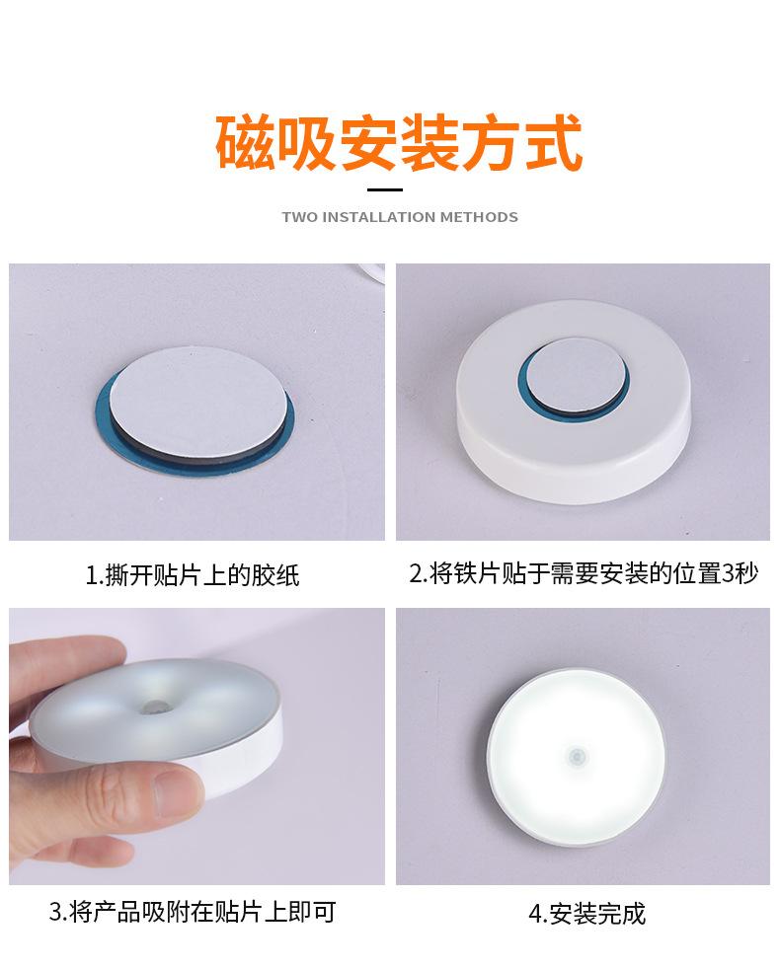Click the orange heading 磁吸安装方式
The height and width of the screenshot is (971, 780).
pyautogui.click(x=399, y=144)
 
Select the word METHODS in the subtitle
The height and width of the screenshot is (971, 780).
pyautogui.click(x=479, y=217)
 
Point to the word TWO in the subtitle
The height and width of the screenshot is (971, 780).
pyautogui.click(x=300, y=217)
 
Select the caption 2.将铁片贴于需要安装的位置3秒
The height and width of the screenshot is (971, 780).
pyautogui.click(x=584, y=573)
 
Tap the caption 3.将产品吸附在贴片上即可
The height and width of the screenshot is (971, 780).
pyautogui.click(x=193, y=911)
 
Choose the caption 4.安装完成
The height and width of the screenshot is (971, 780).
pyautogui.click(x=586, y=913)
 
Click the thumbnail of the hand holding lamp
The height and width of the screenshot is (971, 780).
pyautogui.click(x=196, y=746)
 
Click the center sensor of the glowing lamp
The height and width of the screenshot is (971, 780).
pyautogui.click(x=576, y=757)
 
